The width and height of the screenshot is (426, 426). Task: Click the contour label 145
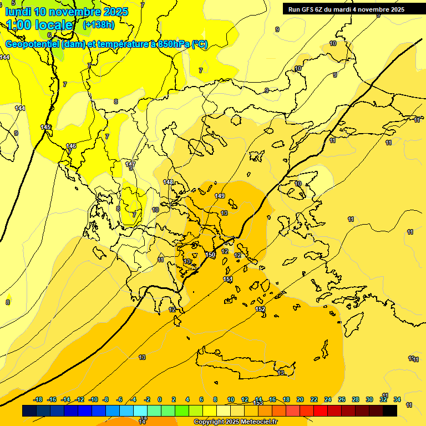(46, 127)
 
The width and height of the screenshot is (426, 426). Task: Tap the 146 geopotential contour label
(71, 146)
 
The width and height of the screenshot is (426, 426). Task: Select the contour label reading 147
(130, 164)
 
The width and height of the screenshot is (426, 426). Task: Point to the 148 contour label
(168, 182)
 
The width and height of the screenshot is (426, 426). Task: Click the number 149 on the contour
(220, 196)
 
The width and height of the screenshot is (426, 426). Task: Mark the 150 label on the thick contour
(210, 254)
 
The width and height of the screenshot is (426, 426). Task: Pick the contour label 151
(227, 279)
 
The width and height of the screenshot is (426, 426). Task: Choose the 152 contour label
(260, 309)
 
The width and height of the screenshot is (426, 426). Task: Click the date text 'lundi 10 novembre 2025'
(67, 12)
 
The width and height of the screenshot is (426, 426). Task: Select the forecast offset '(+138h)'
(98, 25)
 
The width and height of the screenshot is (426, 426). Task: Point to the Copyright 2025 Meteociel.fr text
(235, 422)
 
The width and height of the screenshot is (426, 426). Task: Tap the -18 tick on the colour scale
(38, 399)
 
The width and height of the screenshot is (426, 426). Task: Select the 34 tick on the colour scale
(397, 399)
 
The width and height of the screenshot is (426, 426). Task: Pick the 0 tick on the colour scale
(160, 399)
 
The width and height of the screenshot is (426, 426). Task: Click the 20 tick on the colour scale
(300, 399)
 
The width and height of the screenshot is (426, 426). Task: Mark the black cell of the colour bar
(390, 410)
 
